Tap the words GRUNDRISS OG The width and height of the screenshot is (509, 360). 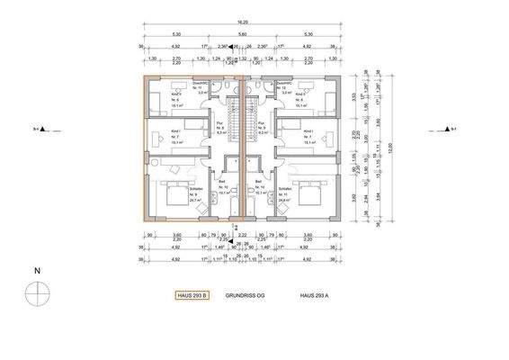point(245,295)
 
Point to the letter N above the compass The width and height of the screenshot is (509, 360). point(36,270)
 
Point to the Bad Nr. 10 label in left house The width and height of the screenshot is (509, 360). point(223,187)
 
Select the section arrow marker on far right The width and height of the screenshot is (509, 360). point(447,130)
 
